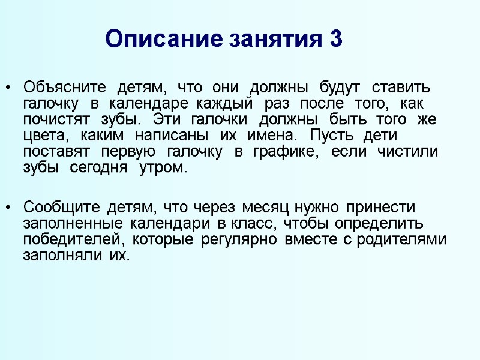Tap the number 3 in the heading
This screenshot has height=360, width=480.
(335, 40)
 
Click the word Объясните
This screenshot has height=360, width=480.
(64, 87)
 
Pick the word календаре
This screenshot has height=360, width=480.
(156, 103)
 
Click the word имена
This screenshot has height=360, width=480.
(274, 136)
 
